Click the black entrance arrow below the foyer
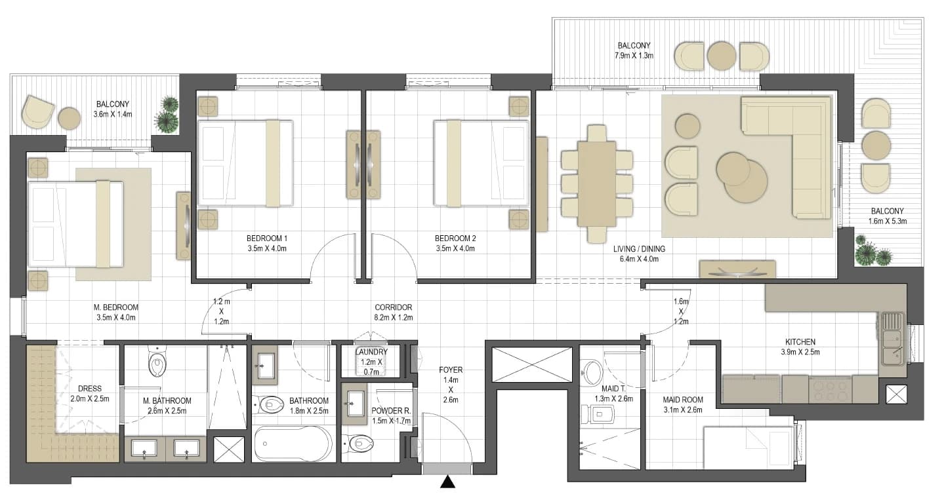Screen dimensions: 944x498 [x=447, y=482]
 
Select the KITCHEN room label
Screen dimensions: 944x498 [x=800, y=342]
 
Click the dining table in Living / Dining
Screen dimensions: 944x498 [x=596, y=184]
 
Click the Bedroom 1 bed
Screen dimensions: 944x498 [x=245, y=163]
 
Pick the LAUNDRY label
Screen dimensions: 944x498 [x=371, y=352]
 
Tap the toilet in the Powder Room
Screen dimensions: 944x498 [x=359, y=443]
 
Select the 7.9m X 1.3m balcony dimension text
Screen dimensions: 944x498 [x=634, y=56]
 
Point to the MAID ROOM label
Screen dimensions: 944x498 [x=683, y=400]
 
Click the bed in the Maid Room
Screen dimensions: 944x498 [x=749, y=448]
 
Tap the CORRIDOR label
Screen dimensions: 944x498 [x=393, y=307]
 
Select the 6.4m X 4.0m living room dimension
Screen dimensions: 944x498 [x=639, y=259]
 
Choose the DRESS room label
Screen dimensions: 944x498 [x=90, y=389]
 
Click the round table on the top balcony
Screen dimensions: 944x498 [x=722, y=55]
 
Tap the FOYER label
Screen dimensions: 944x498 [x=451, y=370]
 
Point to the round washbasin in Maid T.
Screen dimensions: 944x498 [x=592, y=372]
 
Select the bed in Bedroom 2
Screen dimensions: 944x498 [x=482, y=163]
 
